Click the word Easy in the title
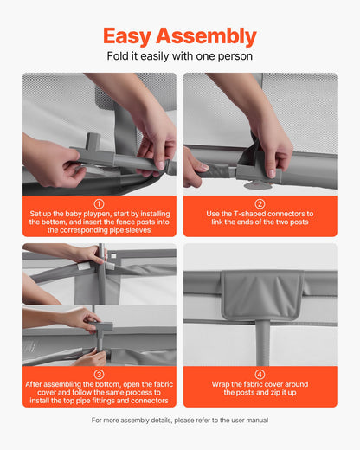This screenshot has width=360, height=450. [x=127, y=36]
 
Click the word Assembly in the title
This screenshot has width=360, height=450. [x=206, y=36]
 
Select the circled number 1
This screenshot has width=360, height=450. [x=99, y=204]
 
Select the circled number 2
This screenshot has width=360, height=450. [x=260, y=204]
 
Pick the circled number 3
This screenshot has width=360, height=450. [x=99, y=375]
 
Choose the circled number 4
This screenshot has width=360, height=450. [x=260, y=375]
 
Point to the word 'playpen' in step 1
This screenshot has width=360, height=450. [x=97, y=214]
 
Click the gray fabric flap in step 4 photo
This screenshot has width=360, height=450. [x=262, y=294]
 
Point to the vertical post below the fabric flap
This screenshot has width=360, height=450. [x=262, y=343]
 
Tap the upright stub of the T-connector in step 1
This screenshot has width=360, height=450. [x=93, y=140]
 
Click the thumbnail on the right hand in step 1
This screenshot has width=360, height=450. [x=161, y=165]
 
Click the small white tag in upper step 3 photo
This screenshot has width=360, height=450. [x=82, y=267]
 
